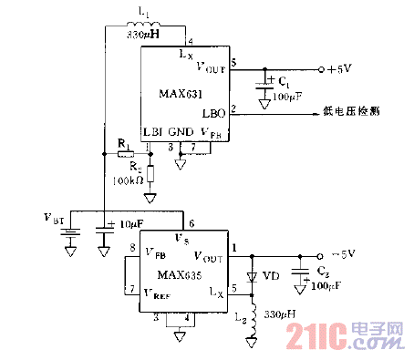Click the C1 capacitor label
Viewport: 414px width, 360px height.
pyautogui.click(x=286, y=82)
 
